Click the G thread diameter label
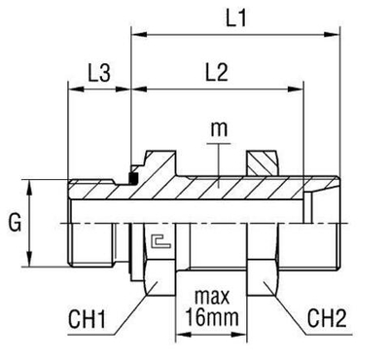click(x=14, y=222)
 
